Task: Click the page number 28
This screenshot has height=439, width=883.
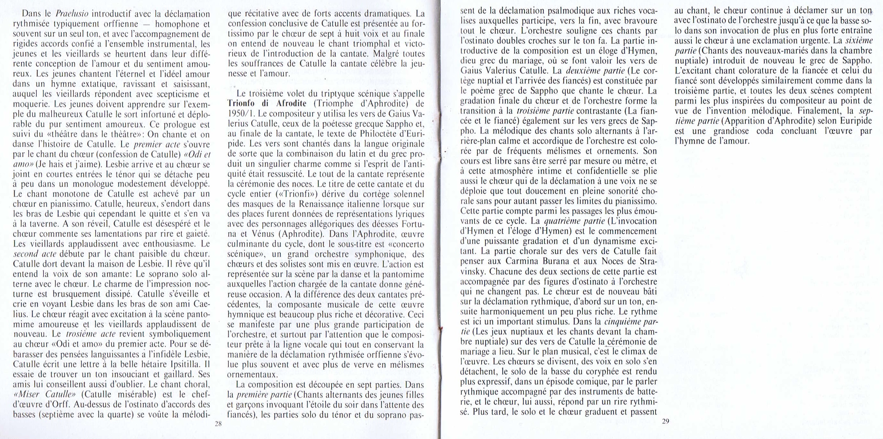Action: coord(218,424)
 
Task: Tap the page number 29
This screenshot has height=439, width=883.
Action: coord(665,422)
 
